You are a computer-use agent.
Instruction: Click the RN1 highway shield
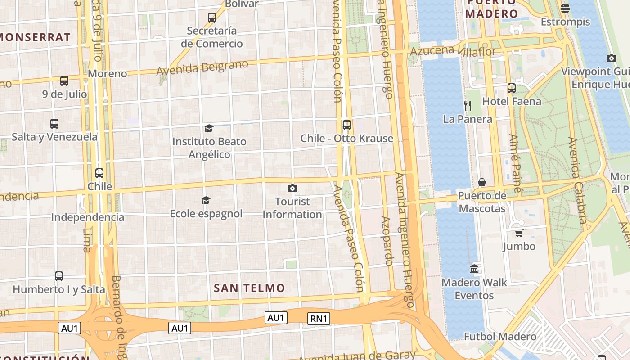[x=319, y=319]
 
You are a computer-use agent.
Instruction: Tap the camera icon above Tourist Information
[x=292, y=188]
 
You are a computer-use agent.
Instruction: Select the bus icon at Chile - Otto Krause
[x=346, y=125]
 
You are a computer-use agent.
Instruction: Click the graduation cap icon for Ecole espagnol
[x=206, y=200]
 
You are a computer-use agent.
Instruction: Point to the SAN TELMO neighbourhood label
[x=249, y=288]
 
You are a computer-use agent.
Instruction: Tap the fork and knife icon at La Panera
[x=468, y=106]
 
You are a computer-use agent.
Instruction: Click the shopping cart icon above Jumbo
[x=519, y=233]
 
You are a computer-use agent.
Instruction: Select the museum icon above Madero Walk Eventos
[x=474, y=269]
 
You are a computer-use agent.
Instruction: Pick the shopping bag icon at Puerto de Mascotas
[x=482, y=182]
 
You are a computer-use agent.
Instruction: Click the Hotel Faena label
[x=512, y=101]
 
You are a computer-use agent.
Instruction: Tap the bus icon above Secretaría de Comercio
[x=212, y=18]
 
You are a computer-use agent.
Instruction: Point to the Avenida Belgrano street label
[x=202, y=67]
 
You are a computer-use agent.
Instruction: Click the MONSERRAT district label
[x=36, y=37]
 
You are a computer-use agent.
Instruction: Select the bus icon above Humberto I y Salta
[x=59, y=276]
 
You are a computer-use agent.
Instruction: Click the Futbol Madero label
[x=500, y=337]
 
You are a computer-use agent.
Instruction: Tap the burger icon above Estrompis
[x=566, y=8]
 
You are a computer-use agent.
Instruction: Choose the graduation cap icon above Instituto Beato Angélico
[x=209, y=129]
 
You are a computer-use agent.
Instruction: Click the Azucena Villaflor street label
[x=453, y=51]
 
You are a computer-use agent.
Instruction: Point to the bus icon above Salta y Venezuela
[x=54, y=124]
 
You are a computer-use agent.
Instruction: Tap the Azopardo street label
[x=387, y=241]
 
